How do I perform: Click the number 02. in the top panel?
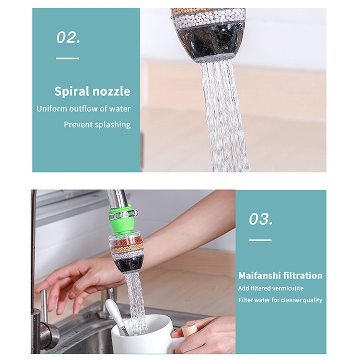click(x=68, y=37)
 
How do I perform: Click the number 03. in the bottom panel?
click(x=261, y=219)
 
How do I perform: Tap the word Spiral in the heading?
click(x=72, y=92)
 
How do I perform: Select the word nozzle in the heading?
click(x=111, y=92)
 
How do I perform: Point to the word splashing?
click(x=113, y=125)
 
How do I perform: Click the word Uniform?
click(x=51, y=108)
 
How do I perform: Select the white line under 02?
click(x=67, y=58)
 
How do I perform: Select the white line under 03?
click(x=260, y=240)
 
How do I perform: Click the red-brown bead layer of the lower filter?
click(x=127, y=242)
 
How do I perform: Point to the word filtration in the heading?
click(x=302, y=275)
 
